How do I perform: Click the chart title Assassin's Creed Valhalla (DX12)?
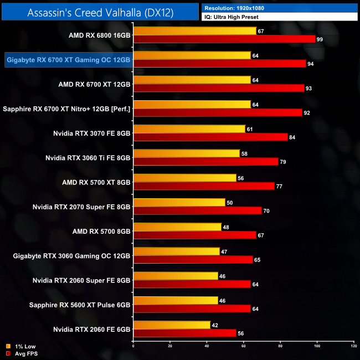point(100,12)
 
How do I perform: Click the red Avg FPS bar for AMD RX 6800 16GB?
point(224,39)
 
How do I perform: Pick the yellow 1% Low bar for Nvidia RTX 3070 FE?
point(189,129)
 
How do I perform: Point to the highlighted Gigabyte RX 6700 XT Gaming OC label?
point(68,59)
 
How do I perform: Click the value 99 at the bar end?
point(320,39)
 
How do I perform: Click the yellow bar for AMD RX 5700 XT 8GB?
point(184,178)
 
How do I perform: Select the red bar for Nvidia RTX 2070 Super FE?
point(197,210)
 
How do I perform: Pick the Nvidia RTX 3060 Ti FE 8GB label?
point(88,157)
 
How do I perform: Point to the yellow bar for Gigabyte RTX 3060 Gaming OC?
point(176,251)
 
